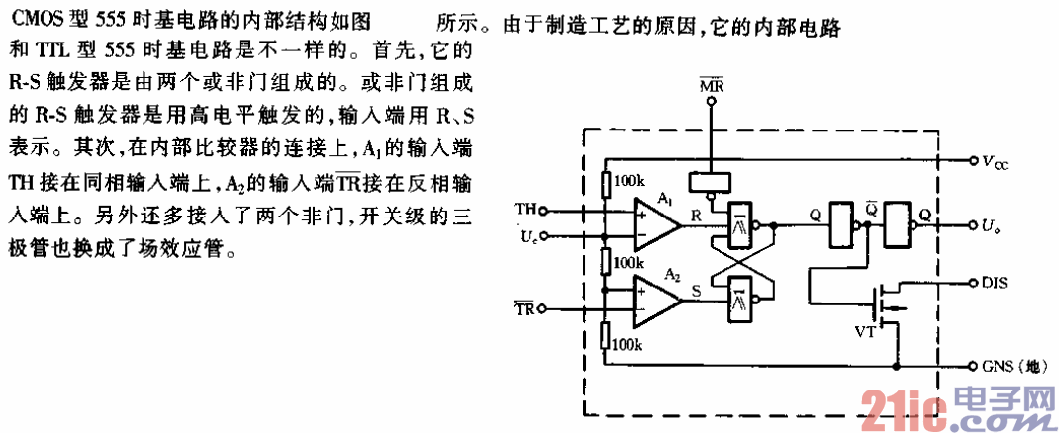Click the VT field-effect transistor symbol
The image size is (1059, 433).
click(x=883, y=301)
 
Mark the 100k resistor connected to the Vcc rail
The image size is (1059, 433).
click(x=607, y=185)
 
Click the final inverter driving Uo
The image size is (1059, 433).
click(x=900, y=225)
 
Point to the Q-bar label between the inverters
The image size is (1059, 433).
click(x=871, y=210)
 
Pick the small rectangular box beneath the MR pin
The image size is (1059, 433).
click(x=713, y=181)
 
